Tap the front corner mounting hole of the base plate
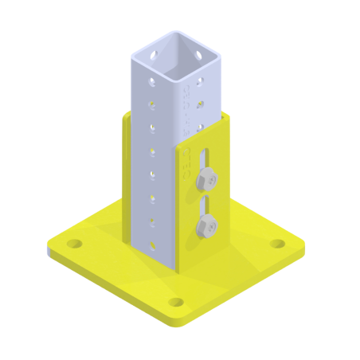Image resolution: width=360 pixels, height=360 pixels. (x=176, y=303)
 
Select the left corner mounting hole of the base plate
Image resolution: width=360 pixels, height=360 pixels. (x=74, y=243)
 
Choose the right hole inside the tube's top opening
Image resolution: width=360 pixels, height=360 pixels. (x=197, y=56)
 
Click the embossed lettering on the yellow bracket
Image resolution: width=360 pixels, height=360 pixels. (x=186, y=160)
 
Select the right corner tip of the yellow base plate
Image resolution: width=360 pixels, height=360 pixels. (x=305, y=248)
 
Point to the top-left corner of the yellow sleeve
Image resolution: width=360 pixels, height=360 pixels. (x=125, y=115)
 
